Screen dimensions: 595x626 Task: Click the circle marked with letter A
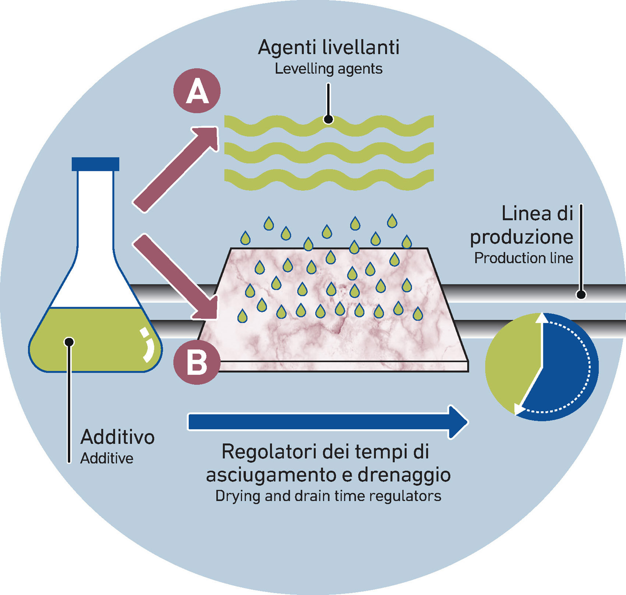click(197, 91)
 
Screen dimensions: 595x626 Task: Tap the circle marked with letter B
click(197, 362)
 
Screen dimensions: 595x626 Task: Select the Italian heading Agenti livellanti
click(328, 48)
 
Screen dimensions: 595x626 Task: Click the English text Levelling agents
click(328, 69)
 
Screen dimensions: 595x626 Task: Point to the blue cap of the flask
click(95, 164)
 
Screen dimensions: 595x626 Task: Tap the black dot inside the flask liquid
click(69, 342)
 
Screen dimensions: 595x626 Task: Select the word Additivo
click(117, 437)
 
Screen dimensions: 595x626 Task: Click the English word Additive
click(107, 458)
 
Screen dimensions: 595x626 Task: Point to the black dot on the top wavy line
click(328, 119)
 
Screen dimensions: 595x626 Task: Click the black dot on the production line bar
click(581, 295)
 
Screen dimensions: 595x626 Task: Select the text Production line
click(523, 258)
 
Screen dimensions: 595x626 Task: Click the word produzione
click(521, 237)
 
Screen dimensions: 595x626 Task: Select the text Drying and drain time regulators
click(328, 496)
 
